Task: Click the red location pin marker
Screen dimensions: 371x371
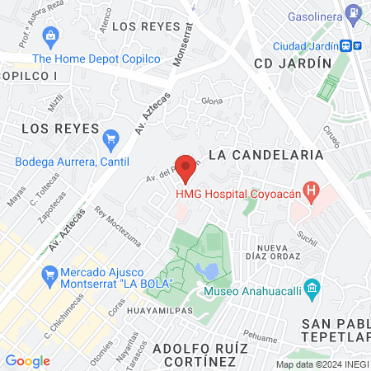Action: [x=186, y=167]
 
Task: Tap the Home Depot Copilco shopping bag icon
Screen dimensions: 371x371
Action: [x=52, y=35]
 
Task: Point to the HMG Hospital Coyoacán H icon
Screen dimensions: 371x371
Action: [x=311, y=195]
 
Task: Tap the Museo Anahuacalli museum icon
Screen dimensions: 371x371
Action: [x=311, y=289]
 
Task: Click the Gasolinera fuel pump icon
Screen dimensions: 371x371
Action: [x=354, y=14]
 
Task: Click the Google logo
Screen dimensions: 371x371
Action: [x=27, y=360]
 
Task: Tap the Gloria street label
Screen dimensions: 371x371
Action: [x=213, y=101]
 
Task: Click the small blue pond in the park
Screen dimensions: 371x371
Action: [x=212, y=270]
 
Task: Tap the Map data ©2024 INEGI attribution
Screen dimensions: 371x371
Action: [x=321, y=364]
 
